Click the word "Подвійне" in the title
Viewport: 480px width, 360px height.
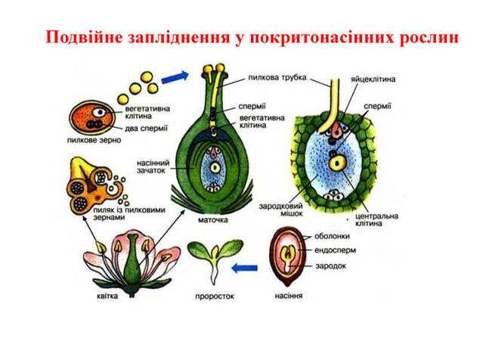click(84, 38)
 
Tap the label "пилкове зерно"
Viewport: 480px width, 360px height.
click(94, 141)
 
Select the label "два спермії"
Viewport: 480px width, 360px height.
click(146, 129)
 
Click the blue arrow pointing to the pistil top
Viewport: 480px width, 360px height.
click(175, 77)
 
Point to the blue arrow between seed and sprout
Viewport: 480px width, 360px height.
click(244, 268)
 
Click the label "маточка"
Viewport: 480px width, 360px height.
click(213, 220)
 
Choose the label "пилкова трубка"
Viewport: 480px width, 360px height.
click(277, 77)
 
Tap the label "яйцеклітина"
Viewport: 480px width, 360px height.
click(373, 79)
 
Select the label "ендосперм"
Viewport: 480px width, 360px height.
click(335, 250)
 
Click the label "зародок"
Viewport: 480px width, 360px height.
click(330, 265)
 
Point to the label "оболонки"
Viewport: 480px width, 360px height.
click(332, 236)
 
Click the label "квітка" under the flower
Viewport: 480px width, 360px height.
click(107, 296)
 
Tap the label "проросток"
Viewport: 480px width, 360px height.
click(215, 296)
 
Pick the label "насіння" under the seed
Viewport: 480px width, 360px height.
click(289, 296)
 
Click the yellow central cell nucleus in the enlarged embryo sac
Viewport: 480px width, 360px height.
click(337, 163)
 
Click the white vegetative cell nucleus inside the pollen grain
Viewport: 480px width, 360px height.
click(100, 113)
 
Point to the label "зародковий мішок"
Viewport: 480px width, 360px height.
click(281, 209)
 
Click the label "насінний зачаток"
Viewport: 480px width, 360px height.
click(153, 166)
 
